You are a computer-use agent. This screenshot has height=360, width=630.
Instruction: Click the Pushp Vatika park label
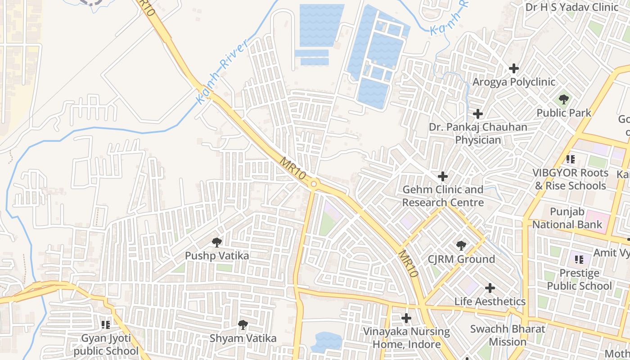click(x=217, y=256)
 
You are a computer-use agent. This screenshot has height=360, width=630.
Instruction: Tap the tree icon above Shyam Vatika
click(x=243, y=324)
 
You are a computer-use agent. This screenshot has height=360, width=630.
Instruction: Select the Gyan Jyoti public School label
click(x=106, y=345)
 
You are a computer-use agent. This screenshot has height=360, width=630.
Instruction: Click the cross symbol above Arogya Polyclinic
click(x=513, y=69)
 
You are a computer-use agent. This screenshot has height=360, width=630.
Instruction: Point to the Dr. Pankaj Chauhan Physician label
click(x=478, y=134)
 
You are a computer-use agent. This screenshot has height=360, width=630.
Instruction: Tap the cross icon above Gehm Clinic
click(x=443, y=176)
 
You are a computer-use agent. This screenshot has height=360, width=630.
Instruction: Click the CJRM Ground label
click(x=461, y=259)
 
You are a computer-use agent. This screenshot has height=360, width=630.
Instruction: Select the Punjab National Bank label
click(x=567, y=218)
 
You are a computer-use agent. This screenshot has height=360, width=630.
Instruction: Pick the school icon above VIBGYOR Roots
click(x=571, y=159)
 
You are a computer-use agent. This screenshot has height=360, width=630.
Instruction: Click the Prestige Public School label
click(x=579, y=279)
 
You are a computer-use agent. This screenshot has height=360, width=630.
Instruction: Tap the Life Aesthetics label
click(x=490, y=301)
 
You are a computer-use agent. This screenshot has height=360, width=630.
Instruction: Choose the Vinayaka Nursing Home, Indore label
click(x=406, y=338)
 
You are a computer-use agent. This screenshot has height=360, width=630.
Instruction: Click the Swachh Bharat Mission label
click(x=508, y=335)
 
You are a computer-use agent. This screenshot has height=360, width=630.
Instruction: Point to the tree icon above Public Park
click(x=563, y=99)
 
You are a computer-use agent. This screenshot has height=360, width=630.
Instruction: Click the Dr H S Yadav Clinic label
click(x=572, y=7)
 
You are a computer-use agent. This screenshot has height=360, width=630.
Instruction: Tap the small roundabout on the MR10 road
click(x=314, y=184)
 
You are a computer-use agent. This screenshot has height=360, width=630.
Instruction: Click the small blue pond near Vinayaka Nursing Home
click(x=328, y=342)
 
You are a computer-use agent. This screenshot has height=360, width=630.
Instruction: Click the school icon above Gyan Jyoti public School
click(x=106, y=324)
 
